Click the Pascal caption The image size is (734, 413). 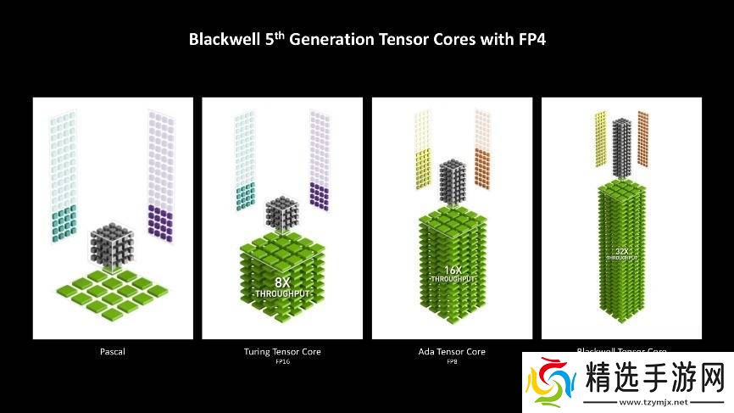pos(112,351)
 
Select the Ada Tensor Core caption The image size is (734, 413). pos(452,351)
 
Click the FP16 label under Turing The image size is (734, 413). pos(282,362)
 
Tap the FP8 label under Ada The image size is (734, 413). pos(452,362)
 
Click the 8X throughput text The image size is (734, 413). pos(282,286)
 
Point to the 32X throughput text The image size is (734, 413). pos(621,253)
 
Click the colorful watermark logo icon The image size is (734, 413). pos(551,385)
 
